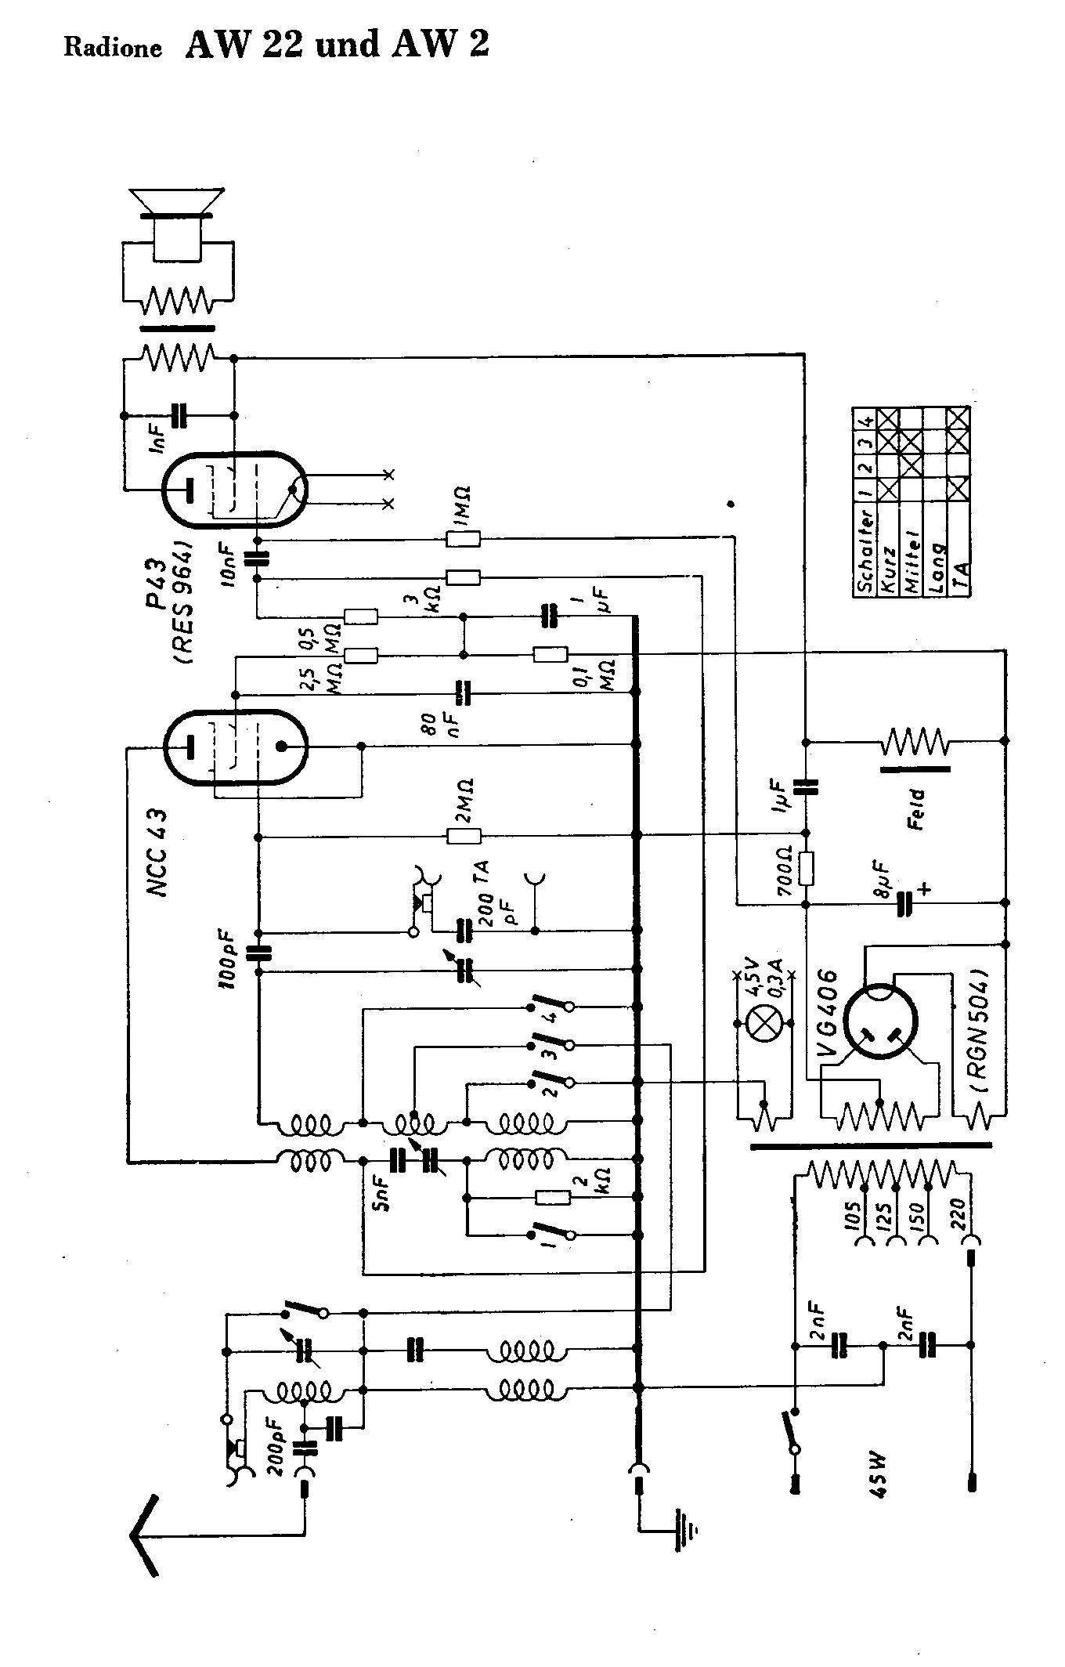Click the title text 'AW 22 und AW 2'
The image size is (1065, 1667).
click(337, 45)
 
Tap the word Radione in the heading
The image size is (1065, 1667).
click(113, 49)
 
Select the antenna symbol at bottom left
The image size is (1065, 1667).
click(146, 1535)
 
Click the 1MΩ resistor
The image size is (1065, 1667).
click(463, 538)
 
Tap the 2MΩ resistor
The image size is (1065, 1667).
click(464, 836)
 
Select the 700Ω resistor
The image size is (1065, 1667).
click(807, 869)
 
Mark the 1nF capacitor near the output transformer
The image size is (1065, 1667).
click(179, 416)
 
